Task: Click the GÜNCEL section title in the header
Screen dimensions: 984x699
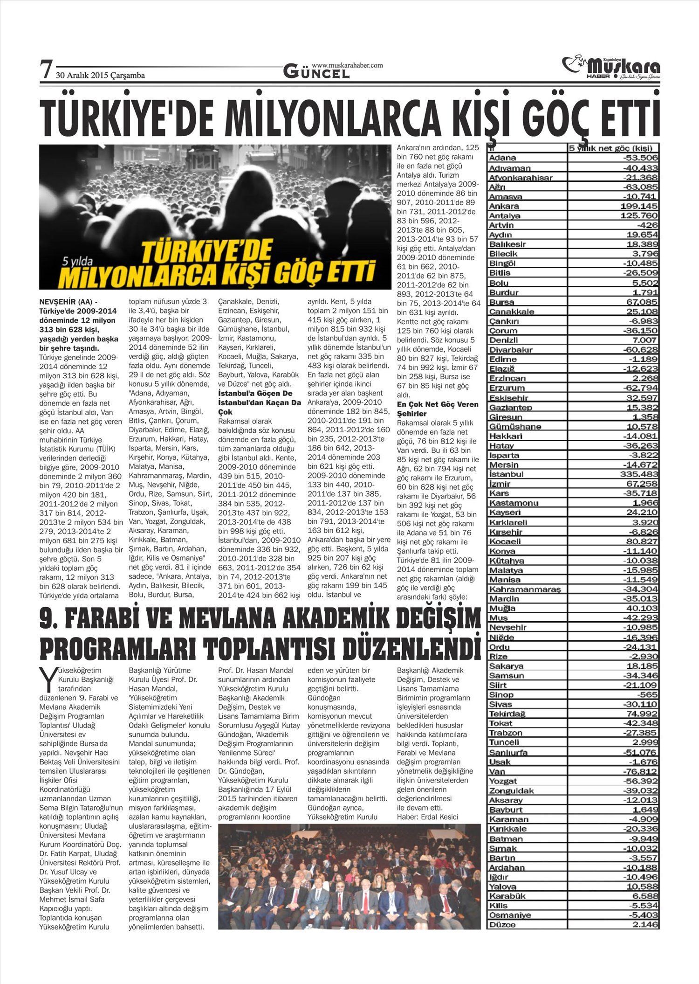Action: point(316,72)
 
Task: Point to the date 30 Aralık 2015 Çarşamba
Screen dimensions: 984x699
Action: point(100,75)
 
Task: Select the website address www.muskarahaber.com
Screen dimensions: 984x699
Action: point(347,65)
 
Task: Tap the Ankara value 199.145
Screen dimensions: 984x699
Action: point(639,206)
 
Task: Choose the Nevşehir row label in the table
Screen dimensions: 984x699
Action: point(507,627)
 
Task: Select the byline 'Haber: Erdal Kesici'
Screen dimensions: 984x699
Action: point(427,817)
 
